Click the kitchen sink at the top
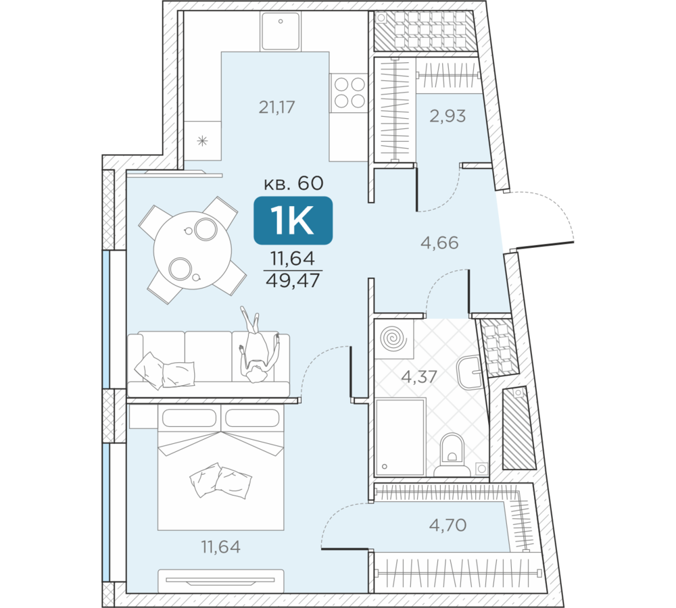(x=281, y=30)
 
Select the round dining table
(x=192, y=250)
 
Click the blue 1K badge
(x=293, y=221)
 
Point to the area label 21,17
(x=276, y=107)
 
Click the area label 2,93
(x=448, y=116)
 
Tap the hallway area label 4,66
(x=439, y=243)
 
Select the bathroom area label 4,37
(x=419, y=377)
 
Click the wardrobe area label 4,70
(x=448, y=526)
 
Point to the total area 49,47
(x=293, y=281)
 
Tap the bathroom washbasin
(x=470, y=372)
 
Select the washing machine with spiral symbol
(x=393, y=338)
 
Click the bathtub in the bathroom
(x=400, y=437)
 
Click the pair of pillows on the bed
(x=220, y=480)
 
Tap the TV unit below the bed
(x=220, y=581)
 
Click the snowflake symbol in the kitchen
(x=202, y=141)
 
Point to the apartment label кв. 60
(x=293, y=184)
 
